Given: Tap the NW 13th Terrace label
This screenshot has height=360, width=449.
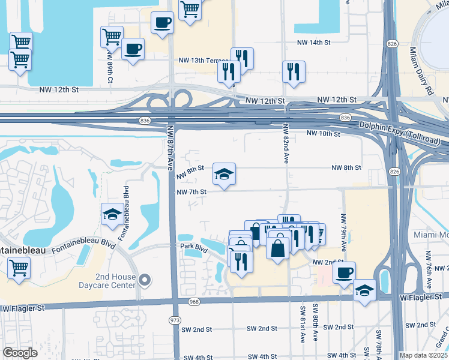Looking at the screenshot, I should tap(203, 61).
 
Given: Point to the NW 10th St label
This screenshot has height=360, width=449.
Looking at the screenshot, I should tap(323, 133).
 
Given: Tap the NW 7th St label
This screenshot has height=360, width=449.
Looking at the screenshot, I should tap(191, 192).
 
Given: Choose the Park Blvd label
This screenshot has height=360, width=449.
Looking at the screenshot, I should tap(194, 247).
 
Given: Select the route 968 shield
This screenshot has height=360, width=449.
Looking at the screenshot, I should tap(193, 301).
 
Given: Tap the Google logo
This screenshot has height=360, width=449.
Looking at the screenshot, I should tap(20, 353).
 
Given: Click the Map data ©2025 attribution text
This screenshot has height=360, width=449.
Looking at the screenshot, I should tap(423, 355).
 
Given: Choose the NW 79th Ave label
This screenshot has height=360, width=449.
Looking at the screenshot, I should tap(344, 232).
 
